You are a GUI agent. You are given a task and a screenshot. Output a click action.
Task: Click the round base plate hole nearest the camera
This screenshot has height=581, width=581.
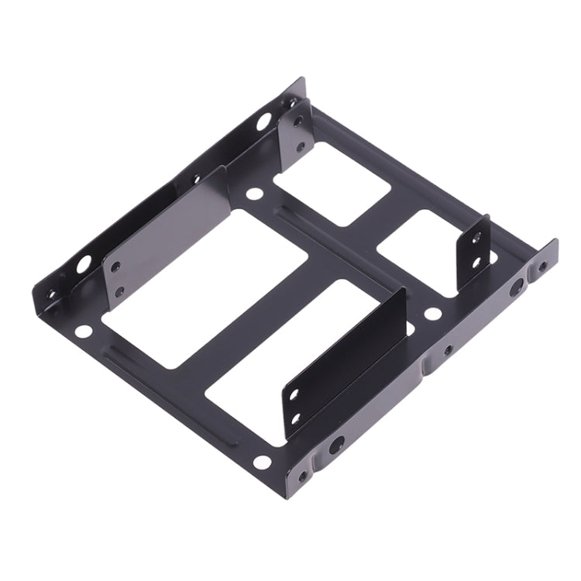(263, 462)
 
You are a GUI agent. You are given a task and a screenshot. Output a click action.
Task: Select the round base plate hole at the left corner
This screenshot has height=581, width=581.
(84, 332)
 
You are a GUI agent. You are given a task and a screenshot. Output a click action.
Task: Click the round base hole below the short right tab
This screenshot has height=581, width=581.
(433, 315)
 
